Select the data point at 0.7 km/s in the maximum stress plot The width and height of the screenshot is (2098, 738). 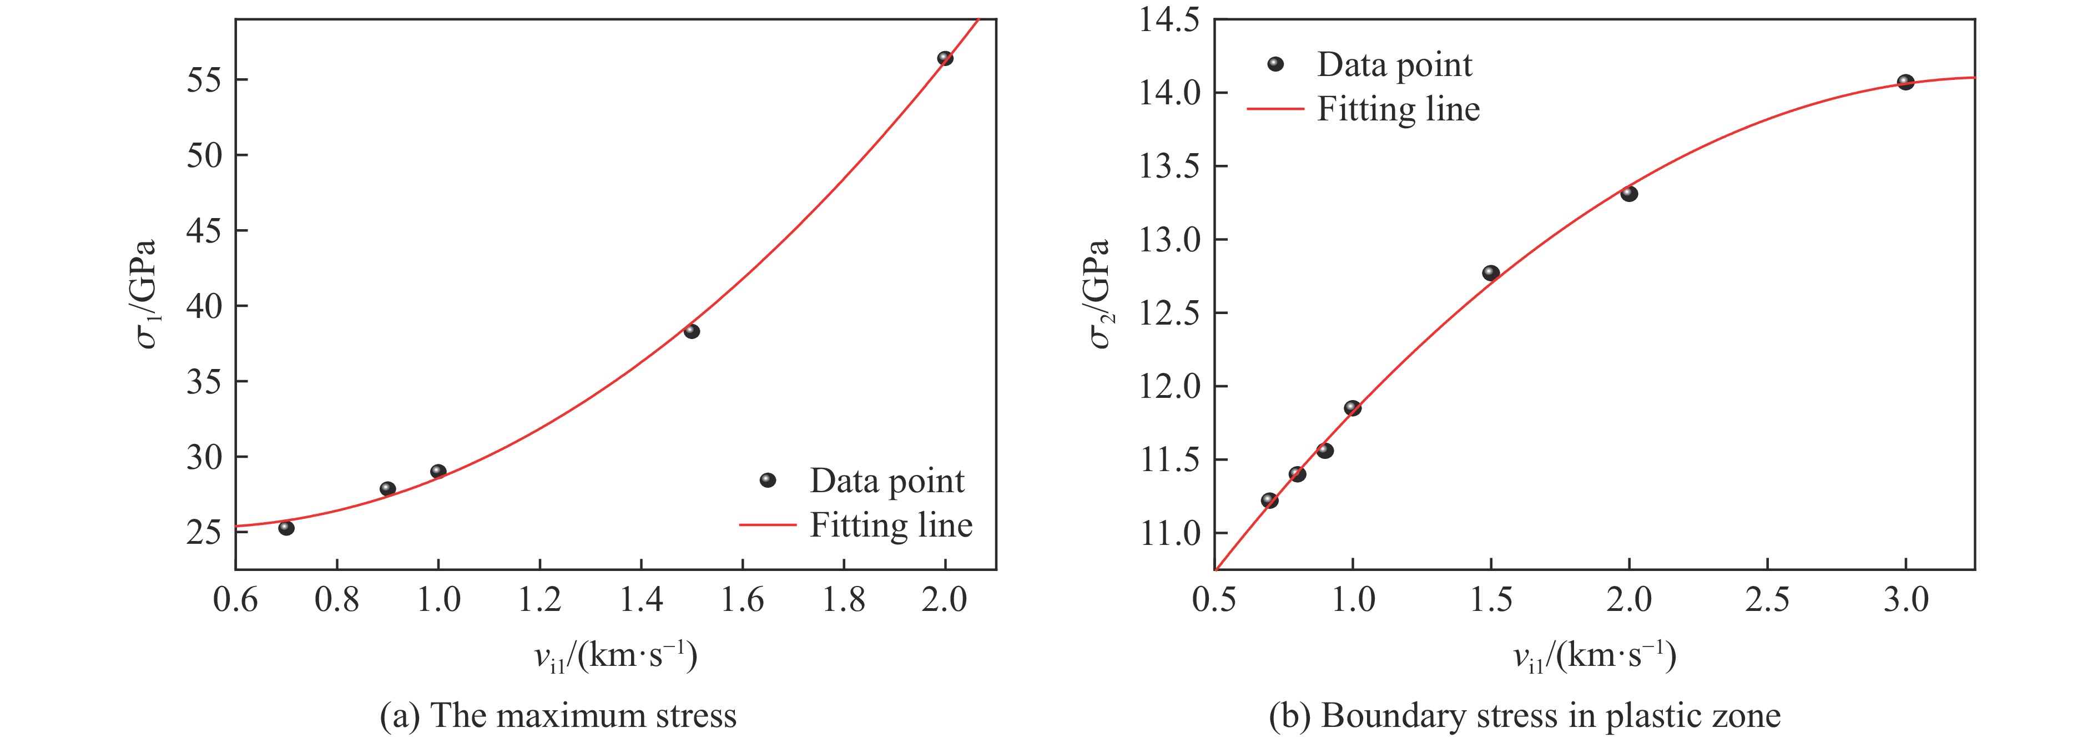point(286,528)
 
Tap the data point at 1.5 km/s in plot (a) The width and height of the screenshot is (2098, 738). point(692,331)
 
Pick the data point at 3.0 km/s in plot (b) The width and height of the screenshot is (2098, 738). point(1905,82)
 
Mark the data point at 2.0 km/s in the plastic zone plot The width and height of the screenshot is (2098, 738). point(1629,194)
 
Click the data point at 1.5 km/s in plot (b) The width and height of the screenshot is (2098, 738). point(1490,273)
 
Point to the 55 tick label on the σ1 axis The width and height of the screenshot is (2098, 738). point(204,80)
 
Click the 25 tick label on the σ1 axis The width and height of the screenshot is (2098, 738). point(204,532)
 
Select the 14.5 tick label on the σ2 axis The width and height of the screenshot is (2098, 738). point(1169,19)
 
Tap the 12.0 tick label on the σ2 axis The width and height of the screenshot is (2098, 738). point(1169,386)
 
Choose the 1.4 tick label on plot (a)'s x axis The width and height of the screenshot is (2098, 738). point(641,600)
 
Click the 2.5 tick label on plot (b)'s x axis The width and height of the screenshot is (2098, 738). point(1767,600)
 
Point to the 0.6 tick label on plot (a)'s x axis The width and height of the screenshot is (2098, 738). point(235,600)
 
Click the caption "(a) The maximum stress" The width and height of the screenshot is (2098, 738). point(558,716)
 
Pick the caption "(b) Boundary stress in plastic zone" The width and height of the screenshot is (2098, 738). point(1525,716)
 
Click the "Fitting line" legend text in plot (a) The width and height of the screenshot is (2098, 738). point(890,525)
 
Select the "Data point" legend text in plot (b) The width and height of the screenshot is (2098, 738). point(1394,65)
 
